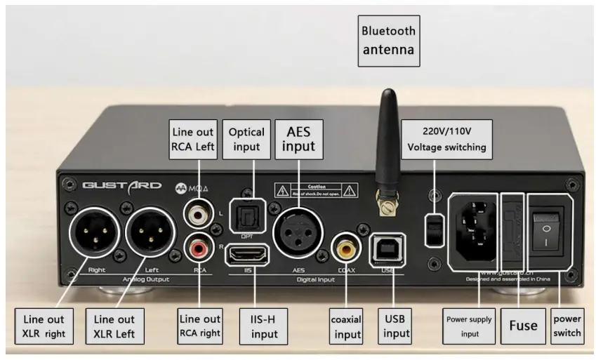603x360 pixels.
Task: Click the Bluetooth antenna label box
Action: tap(388, 41)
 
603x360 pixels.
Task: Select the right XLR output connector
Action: tap(96, 236)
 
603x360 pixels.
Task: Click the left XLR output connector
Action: tap(151, 236)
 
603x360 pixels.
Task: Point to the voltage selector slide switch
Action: tap(435, 226)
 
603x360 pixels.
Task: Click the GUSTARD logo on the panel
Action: tap(122, 187)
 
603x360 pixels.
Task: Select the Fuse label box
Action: tap(523, 325)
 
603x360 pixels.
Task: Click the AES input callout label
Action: tap(298, 138)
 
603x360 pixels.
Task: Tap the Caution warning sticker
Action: tap(318, 190)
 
